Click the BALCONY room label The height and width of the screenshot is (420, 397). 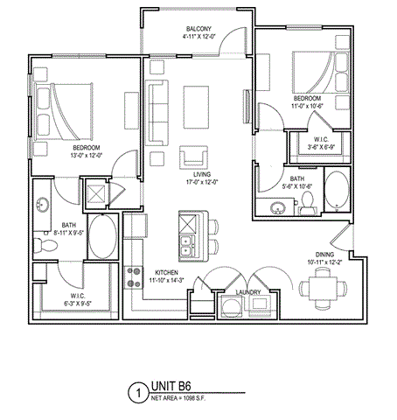(x=198, y=28)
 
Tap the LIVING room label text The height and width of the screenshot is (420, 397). (x=199, y=176)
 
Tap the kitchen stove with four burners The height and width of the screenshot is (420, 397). (x=135, y=278)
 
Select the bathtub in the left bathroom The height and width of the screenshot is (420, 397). (x=103, y=237)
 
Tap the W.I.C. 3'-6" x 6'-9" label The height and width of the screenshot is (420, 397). (x=319, y=142)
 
